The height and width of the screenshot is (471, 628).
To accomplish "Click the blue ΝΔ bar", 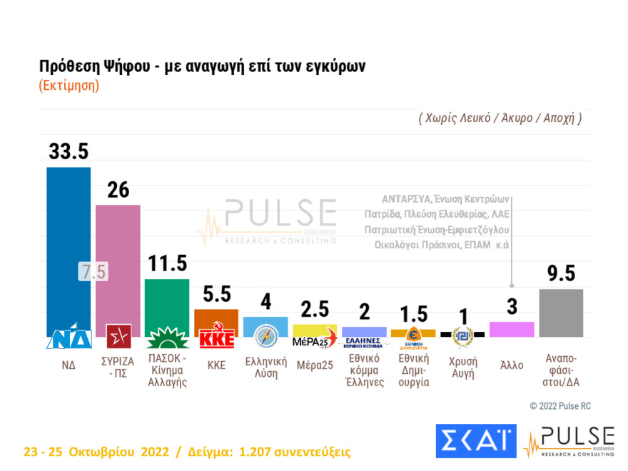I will click(69, 243).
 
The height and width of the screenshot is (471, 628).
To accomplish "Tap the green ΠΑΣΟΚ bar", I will click(167, 300).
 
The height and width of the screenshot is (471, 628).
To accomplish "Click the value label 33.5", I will click(69, 151).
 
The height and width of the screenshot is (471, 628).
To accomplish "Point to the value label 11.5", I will click(167, 263).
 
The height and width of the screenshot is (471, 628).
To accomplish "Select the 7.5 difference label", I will click(93, 272).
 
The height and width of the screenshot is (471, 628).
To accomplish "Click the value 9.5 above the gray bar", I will click(561, 273).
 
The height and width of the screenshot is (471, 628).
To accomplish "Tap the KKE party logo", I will click(216, 335).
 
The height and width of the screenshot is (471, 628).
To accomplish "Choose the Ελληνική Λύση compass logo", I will click(265, 335).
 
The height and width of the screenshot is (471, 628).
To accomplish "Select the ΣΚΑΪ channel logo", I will click(475, 441).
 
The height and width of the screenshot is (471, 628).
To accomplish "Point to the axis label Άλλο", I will click(512, 365).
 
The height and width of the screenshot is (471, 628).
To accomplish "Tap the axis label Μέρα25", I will click(315, 365).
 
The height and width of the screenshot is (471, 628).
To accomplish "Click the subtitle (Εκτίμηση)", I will click(69, 85).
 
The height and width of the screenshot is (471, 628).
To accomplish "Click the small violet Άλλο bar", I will click(512, 329).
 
